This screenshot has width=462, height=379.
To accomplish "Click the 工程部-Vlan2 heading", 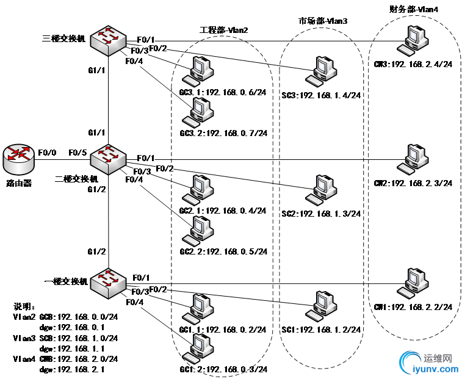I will [x=224, y=30].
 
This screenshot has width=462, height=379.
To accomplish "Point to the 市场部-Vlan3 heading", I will [x=323, y=21].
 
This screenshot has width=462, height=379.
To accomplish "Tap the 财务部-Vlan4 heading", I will [x=414, y=9].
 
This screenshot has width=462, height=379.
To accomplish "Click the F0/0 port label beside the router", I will [x=47, y=152].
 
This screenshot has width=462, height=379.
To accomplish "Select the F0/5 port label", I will [x=78, y=152].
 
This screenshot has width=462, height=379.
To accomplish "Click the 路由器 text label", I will [x=18, y=182].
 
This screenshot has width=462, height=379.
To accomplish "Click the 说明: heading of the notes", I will [x=24, y=306].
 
